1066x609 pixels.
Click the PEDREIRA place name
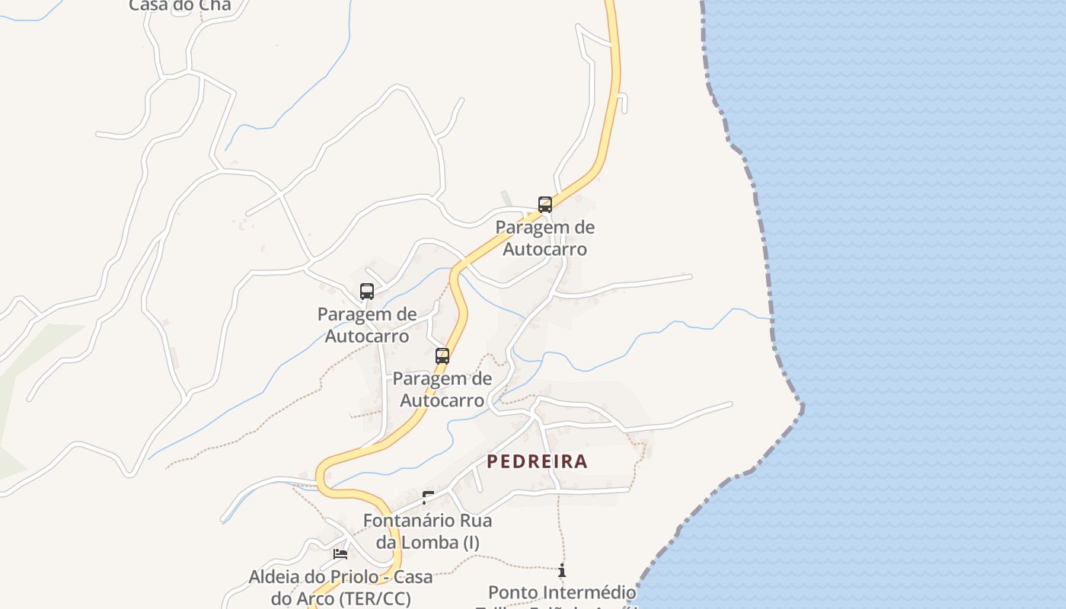[x=537, y=461]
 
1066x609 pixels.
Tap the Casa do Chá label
[x=180, y=5]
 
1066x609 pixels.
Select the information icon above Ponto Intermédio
[x=562, y=570]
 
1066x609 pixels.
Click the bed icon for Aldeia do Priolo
[x=340, y=553]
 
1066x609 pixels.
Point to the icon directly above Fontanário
[x=428, y=497]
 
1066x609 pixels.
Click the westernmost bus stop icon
[x=367, y=291]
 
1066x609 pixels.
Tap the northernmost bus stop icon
[x=545, y=204]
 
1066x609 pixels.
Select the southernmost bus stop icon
[x=442, y=356]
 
